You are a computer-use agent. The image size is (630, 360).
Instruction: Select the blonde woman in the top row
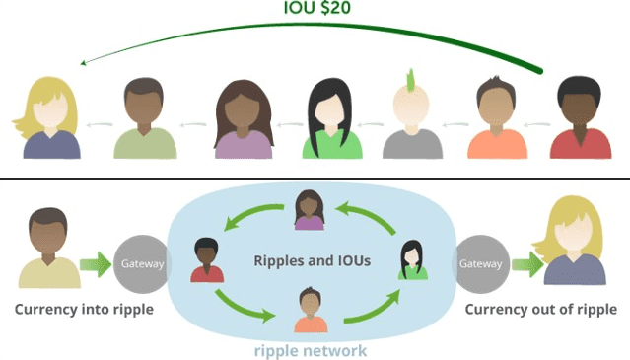click(x=51, y=118)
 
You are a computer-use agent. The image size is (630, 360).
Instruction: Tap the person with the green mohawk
click(x=413, y=118)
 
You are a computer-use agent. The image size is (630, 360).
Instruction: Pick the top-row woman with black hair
click(x=332, y=118)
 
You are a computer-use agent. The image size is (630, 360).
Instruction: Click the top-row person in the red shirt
click(x=581, y=118)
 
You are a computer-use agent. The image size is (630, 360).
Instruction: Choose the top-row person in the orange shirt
click(x=498, y=118)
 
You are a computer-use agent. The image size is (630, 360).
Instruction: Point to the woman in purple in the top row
click(x=243, y=118)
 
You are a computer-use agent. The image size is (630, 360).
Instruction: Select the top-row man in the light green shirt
click(x=145, y=118)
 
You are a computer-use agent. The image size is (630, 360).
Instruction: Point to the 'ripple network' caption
click(x=311, y=350)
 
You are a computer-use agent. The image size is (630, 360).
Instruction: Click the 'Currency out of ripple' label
click(x=540, y=310)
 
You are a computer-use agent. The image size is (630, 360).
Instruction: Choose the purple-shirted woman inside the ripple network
click(x=310, y=211)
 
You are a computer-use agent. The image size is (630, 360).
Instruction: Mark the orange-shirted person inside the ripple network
click(x=311, y=311)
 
